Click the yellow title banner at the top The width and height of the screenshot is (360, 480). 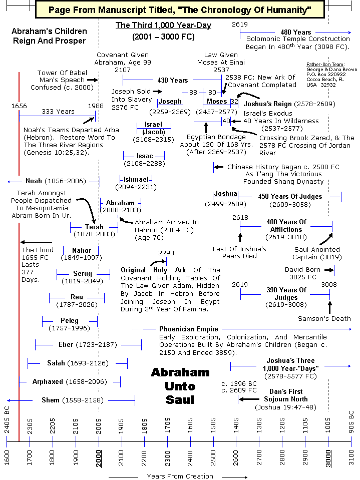[x=180, y=9]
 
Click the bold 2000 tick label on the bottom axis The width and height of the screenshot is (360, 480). [x=99, y=457]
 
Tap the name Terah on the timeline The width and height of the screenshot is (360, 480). [x=94, y=227]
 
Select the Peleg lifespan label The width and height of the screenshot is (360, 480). [x=70, y=320]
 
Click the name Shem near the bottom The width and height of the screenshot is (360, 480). [x=51, y=400]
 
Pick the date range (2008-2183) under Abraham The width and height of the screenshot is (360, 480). [x=120, y=211]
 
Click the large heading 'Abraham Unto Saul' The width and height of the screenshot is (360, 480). [x=180, y=386]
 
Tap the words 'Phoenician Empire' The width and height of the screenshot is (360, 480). [x=181, y=329]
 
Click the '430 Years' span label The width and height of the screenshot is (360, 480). [x=172, y=80]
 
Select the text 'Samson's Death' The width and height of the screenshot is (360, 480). [x=324, y=318]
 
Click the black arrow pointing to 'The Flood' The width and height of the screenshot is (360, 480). [x=36, y=242]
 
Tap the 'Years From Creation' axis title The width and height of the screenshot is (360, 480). [x=180, y=476]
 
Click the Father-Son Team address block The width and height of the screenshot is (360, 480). [x=332, y=74]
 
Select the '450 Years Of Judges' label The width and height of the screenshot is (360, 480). [x=290, y=196]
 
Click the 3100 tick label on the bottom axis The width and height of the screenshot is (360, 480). [x=351, y=457]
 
